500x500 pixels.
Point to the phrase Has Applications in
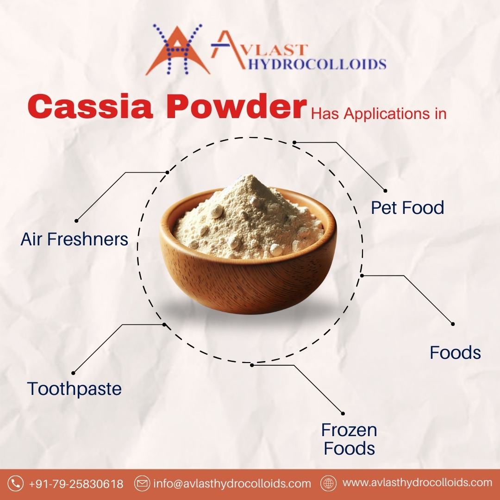378,114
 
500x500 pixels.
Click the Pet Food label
407,208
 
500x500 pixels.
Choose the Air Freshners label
75,239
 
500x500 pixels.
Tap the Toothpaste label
75,388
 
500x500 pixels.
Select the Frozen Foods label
349,439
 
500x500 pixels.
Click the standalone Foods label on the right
455,353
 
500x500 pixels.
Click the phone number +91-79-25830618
76,484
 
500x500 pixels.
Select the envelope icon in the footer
142,484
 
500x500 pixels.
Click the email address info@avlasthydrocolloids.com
232,484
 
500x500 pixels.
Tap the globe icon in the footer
329,483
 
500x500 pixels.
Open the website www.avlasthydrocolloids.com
417,483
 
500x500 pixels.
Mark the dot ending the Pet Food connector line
385,190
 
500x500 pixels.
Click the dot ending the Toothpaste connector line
73,373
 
